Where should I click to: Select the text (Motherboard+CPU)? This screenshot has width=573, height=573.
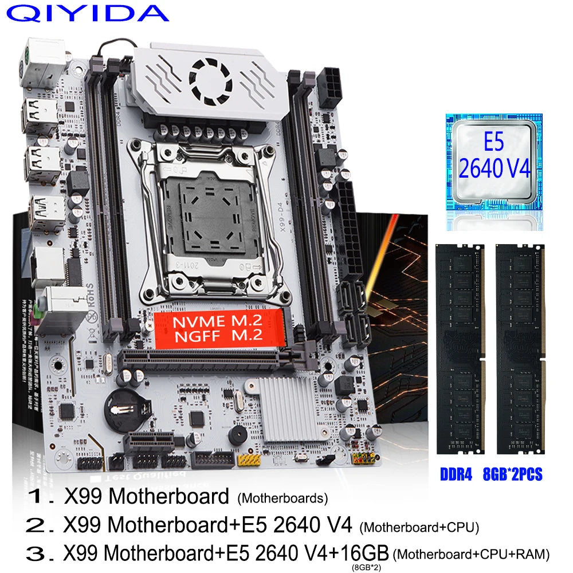[x=419, y=526]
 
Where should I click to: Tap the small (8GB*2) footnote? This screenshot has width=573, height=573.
[x=364, y=567]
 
